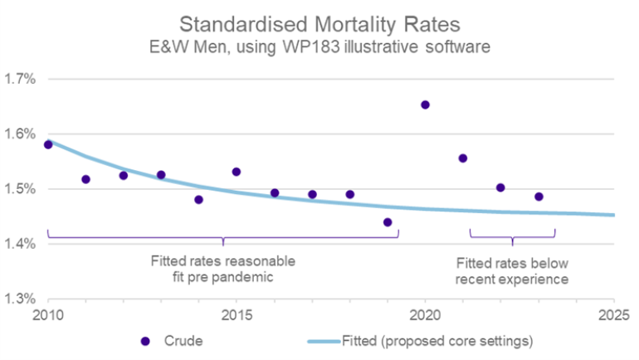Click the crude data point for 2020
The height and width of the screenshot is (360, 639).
(425, 105)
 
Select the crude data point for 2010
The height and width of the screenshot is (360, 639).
(48, 144)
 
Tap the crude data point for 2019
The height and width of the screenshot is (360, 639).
(388, 221)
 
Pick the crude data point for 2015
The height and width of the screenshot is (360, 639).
(237, 172)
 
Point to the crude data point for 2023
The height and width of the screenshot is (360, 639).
(539, 197)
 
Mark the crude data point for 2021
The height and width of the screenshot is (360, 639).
(463, 158)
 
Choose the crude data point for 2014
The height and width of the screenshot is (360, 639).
(198, 199)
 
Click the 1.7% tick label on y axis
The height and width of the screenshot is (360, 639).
(20, 80)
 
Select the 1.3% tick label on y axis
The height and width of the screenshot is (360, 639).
(20, 299)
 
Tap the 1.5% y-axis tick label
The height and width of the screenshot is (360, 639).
(20, 189)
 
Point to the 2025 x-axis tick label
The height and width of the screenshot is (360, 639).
(613, 316)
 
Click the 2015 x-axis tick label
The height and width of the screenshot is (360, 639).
(237, 316)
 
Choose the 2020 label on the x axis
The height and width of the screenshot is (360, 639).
(425, 316)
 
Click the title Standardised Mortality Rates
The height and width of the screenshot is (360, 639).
(319, 23)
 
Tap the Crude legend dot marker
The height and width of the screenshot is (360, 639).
(146, 341)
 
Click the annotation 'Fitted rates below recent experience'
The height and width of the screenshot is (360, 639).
(513, 270)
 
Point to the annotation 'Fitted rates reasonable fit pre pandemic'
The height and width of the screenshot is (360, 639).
(222, 268)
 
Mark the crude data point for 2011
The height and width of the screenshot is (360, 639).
(85, 179)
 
